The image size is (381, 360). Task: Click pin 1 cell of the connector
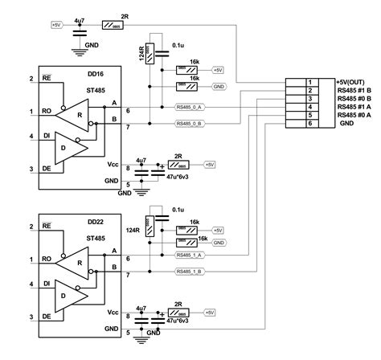click(x=309, y=82)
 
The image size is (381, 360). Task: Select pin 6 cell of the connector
click(x=309, y=124)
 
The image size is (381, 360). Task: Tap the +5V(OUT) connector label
click(x=352, y=82)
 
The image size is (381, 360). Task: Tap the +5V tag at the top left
click(x=56, y=25)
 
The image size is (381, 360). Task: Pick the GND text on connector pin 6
click(x=346, y=124)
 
